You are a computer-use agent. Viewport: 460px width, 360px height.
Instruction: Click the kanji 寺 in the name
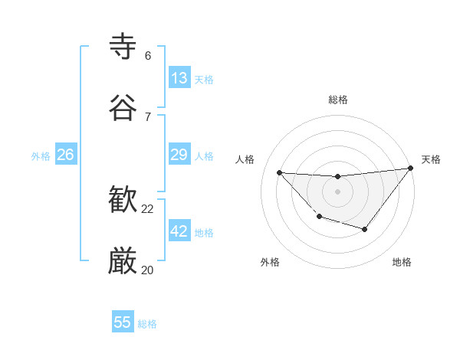(123, 46)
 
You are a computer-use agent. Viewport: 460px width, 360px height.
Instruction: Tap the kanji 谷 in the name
(123, 107)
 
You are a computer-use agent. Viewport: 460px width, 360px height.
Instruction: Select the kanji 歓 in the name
(123, 201)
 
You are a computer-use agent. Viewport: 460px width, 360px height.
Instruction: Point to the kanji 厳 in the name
(123, 262)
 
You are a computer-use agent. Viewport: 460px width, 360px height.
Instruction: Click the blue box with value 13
(179, 78)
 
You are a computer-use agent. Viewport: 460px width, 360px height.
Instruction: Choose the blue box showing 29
(179, 155)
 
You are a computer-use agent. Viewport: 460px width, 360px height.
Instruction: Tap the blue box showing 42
(179, 231)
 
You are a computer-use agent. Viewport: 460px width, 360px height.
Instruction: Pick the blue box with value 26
(65, 155)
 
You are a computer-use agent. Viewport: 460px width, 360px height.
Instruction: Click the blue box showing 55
(123, 322)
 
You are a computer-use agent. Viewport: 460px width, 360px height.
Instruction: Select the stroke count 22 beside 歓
(148, 208)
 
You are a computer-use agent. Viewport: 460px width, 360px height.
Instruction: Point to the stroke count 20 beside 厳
(148, 270)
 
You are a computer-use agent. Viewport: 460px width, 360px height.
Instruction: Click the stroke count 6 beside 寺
(148, 55)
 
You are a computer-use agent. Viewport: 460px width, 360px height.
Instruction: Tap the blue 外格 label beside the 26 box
(41, 156)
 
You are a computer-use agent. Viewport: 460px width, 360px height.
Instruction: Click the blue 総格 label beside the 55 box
(147, 324)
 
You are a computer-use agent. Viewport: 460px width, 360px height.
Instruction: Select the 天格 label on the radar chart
(431, 159)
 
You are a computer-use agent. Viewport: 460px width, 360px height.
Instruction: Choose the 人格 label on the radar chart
(245, 159)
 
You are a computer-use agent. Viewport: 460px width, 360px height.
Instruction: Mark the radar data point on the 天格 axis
(410, 169)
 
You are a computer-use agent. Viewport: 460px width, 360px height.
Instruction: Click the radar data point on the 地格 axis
(365, 229)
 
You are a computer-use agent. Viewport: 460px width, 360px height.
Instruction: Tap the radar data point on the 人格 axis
(279, 172)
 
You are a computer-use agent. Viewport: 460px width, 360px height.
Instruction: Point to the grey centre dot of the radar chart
(337, 191)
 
